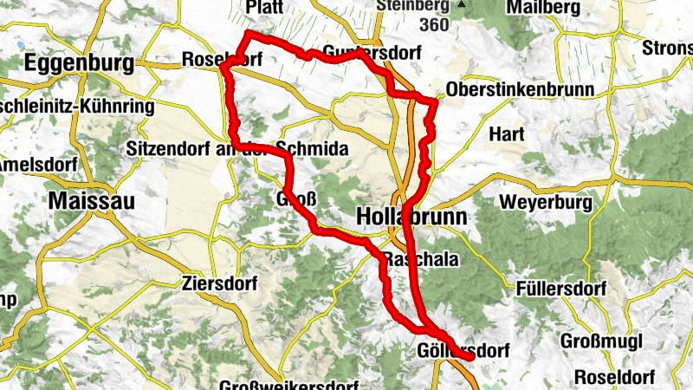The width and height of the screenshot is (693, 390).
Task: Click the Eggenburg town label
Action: pyautogui.click(x=80, y=63)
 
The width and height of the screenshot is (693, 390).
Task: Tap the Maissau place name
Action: pyautogui.click(x=92, y=200)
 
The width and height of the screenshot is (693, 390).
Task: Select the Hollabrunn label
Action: pyautogui.click(x=411, y=216)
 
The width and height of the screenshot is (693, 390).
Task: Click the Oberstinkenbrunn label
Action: pyautogui.click(x=518, y=91)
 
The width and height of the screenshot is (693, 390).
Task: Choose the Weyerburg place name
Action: pyautogui.click(x=546, y=203)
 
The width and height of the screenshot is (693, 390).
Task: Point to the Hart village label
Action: pyautogui.click(x=508, y=135)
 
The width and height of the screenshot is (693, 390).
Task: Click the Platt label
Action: pyautogui.click(x=265, y=7)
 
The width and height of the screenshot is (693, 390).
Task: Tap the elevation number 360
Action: pyautogui.click(x=432, y=25)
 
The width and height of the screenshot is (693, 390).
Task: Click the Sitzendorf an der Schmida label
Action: pyautogui.click(x=236, y=149)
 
